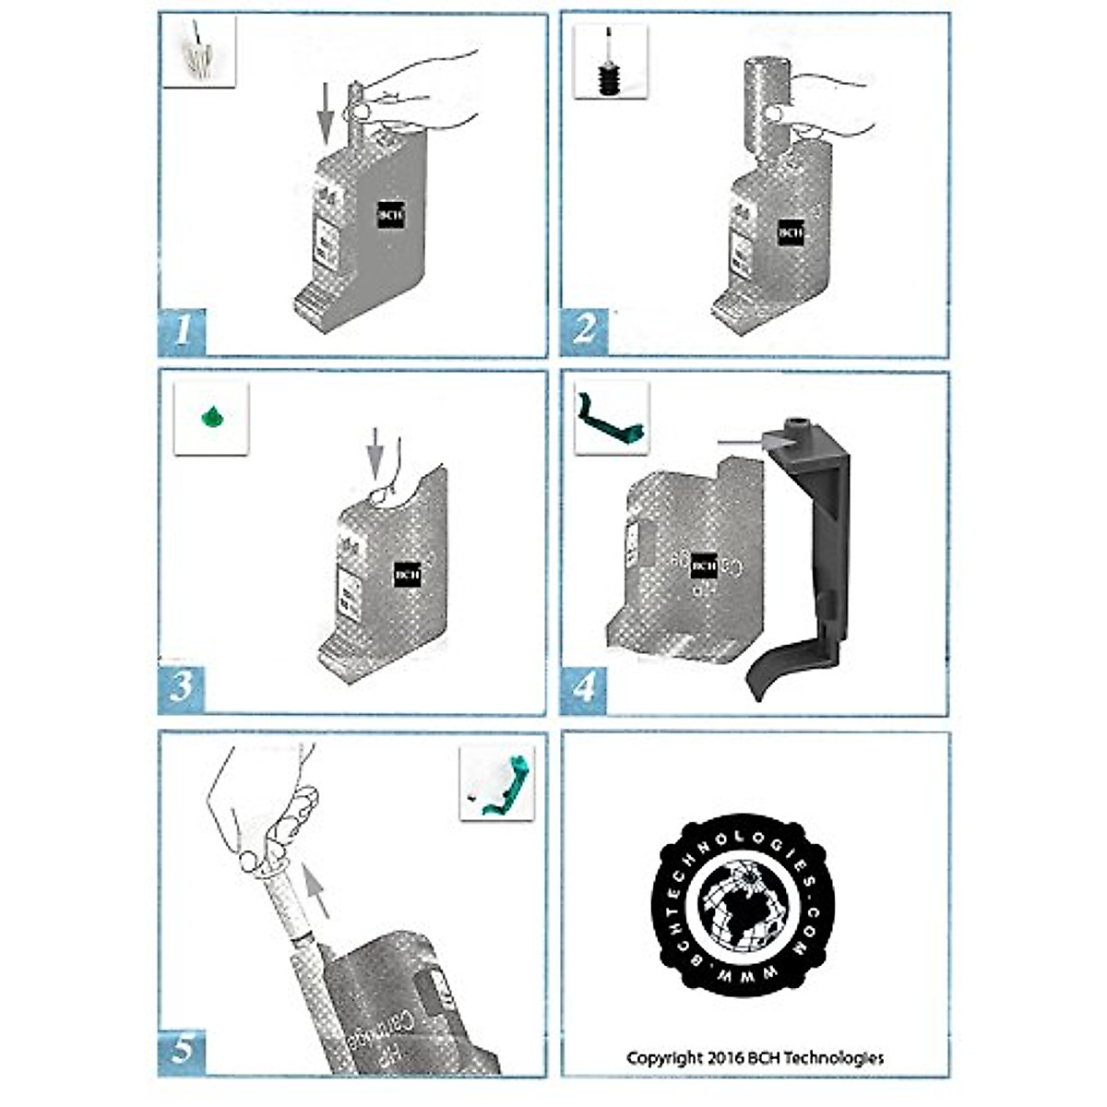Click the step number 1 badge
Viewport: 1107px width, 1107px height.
[x=183, y=328]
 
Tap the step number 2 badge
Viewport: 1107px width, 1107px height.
[x=584, y=328]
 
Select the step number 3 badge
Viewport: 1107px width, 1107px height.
[x=183, y=686]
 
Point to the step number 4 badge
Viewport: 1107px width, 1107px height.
[x=584, y=686]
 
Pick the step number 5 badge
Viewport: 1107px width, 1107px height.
[x=183, y=1049]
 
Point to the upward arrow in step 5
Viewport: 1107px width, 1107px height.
[x=316, y=890]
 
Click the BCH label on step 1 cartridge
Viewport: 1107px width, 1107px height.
[x=390, y=215]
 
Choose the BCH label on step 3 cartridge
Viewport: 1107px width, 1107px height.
[x=407, y=574]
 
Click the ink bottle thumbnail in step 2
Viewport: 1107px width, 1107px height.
[x=609, y=61]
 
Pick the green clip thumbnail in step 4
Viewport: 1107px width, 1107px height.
[x=611, y=418]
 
